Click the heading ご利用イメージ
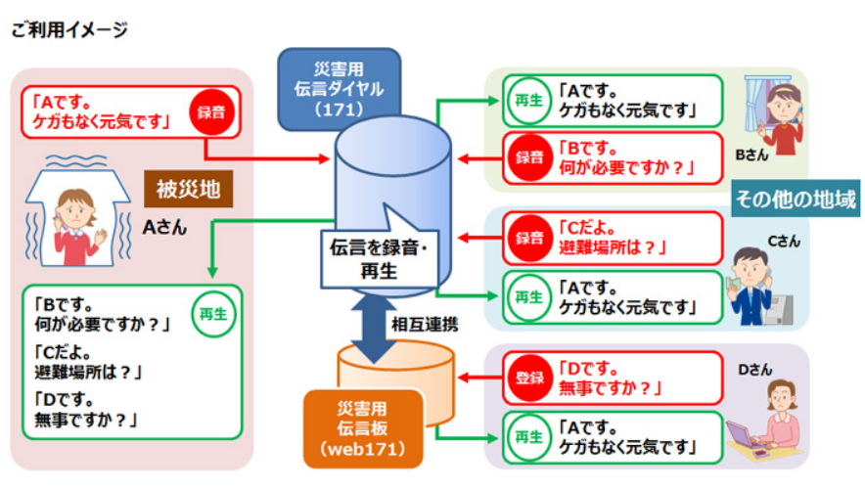tap(69, 30)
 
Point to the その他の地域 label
tap(796, 200)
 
